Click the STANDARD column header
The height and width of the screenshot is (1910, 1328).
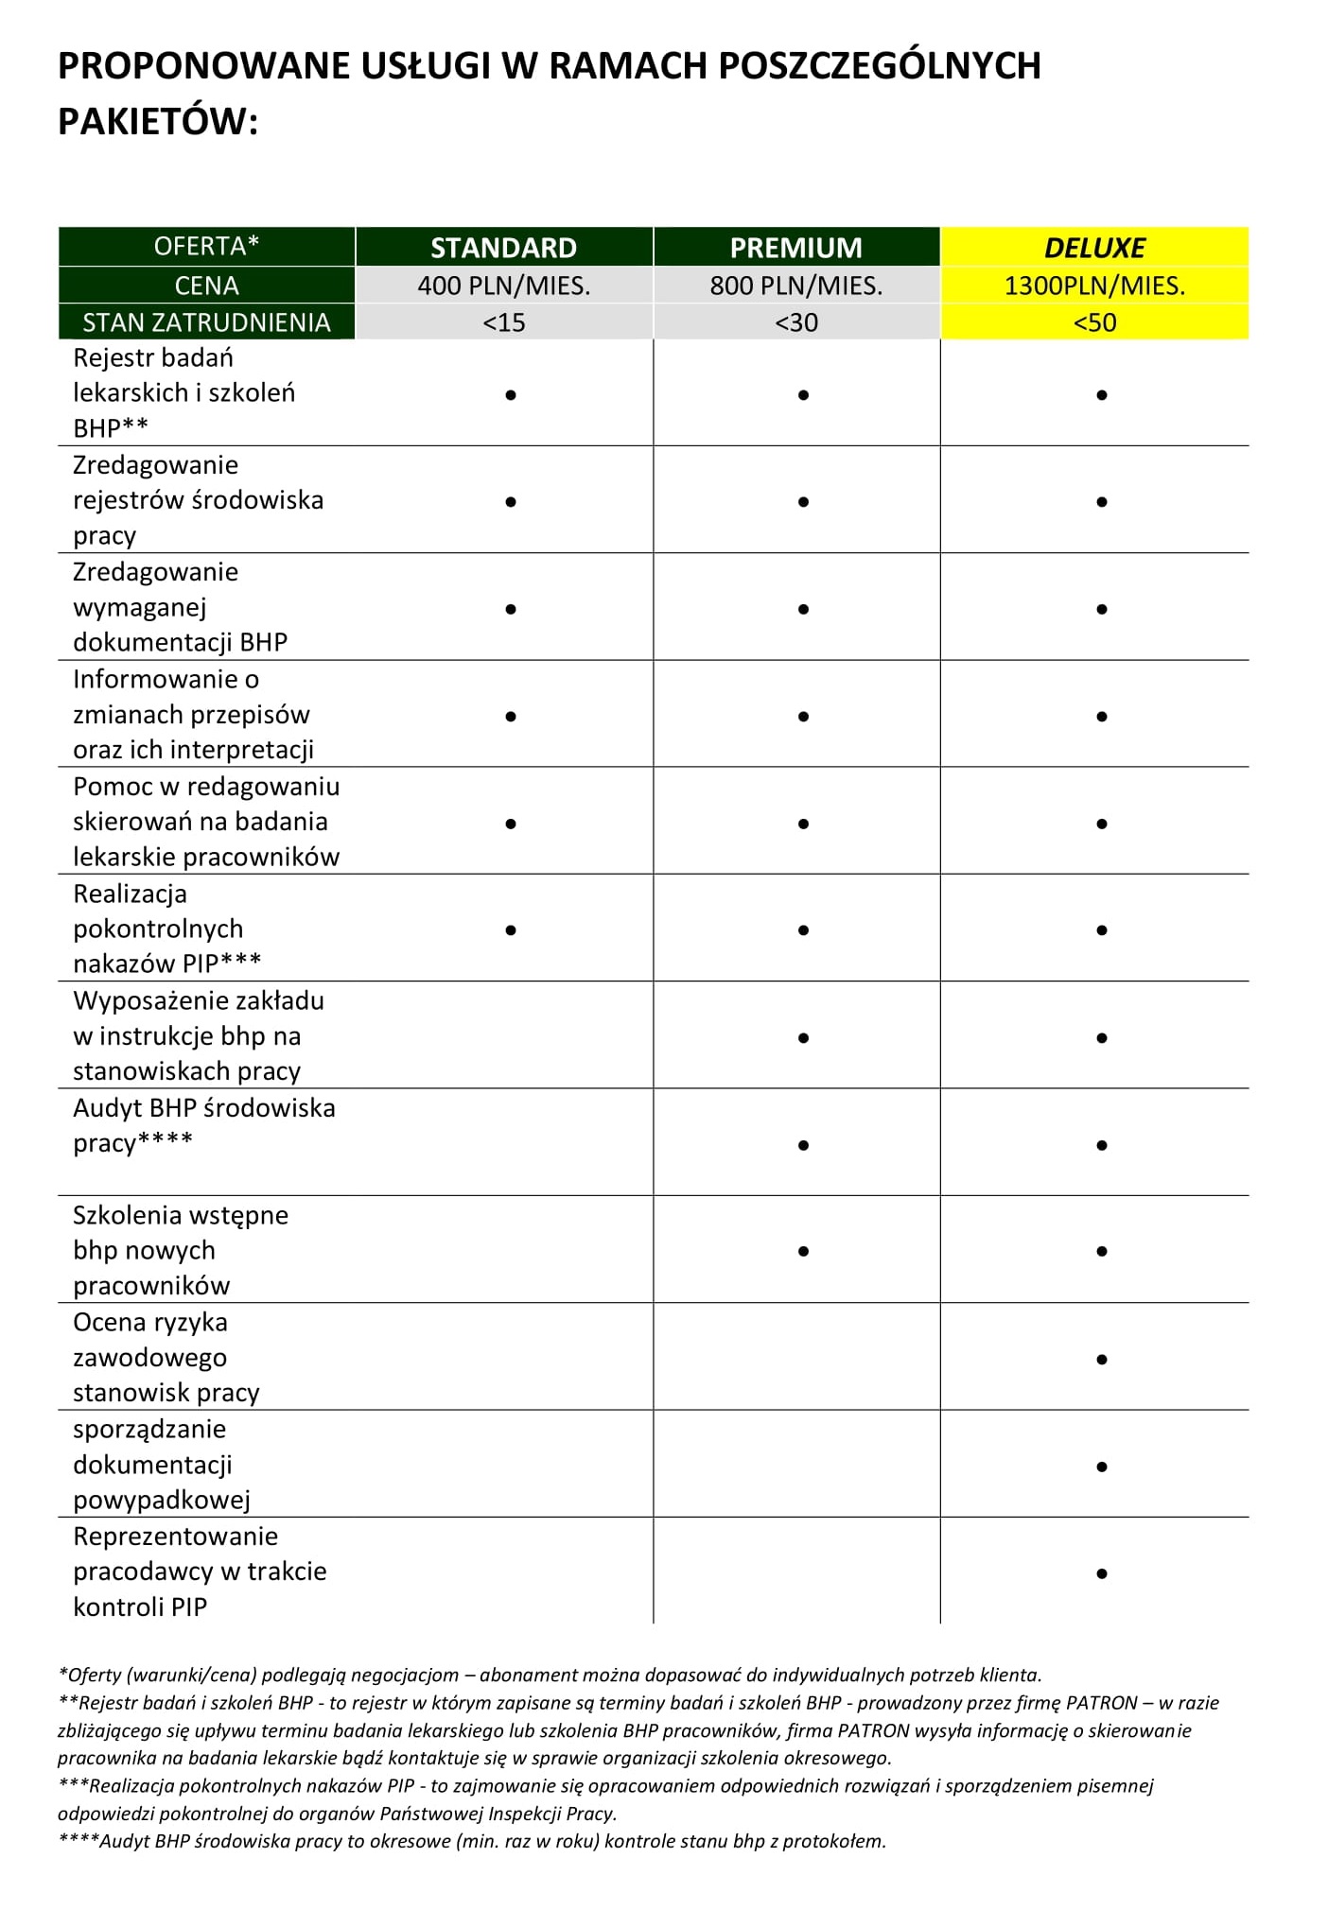click(503, 248)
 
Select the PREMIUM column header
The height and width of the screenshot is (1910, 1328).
click(795, 248)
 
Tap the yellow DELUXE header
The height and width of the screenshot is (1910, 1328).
click(1094, 248)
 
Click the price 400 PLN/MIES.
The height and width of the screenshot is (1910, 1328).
click(503, 286)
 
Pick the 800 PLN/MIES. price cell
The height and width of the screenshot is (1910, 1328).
click(795, 286)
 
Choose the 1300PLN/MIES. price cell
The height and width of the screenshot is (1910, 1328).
click(1094, 286)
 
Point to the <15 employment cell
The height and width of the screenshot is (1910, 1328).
click(503, 322)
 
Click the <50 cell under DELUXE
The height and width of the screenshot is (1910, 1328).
click(1094, 322)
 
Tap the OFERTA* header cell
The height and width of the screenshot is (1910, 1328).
click(206, 247)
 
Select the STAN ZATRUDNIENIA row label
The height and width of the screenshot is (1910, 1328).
click(206, 322)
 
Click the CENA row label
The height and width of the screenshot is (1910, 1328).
click(206, 286)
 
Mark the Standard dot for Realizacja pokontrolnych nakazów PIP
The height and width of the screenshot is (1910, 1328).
click(511, 930)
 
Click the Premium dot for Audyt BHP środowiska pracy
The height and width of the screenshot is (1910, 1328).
click(803, 1145)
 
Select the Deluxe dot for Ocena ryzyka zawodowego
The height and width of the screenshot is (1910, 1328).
click(1102, 1360)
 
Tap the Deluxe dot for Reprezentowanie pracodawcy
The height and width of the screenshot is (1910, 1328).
click(1102, 1574)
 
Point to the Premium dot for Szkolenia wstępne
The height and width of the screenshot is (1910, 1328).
click(803, 1252)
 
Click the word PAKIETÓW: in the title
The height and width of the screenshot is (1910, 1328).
click(158, 122)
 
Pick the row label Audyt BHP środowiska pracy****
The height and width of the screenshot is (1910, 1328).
click(203, 1125)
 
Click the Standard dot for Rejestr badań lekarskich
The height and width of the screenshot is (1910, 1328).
click(511, 395)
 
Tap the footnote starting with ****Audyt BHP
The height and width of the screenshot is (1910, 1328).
click(471, 1841)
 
